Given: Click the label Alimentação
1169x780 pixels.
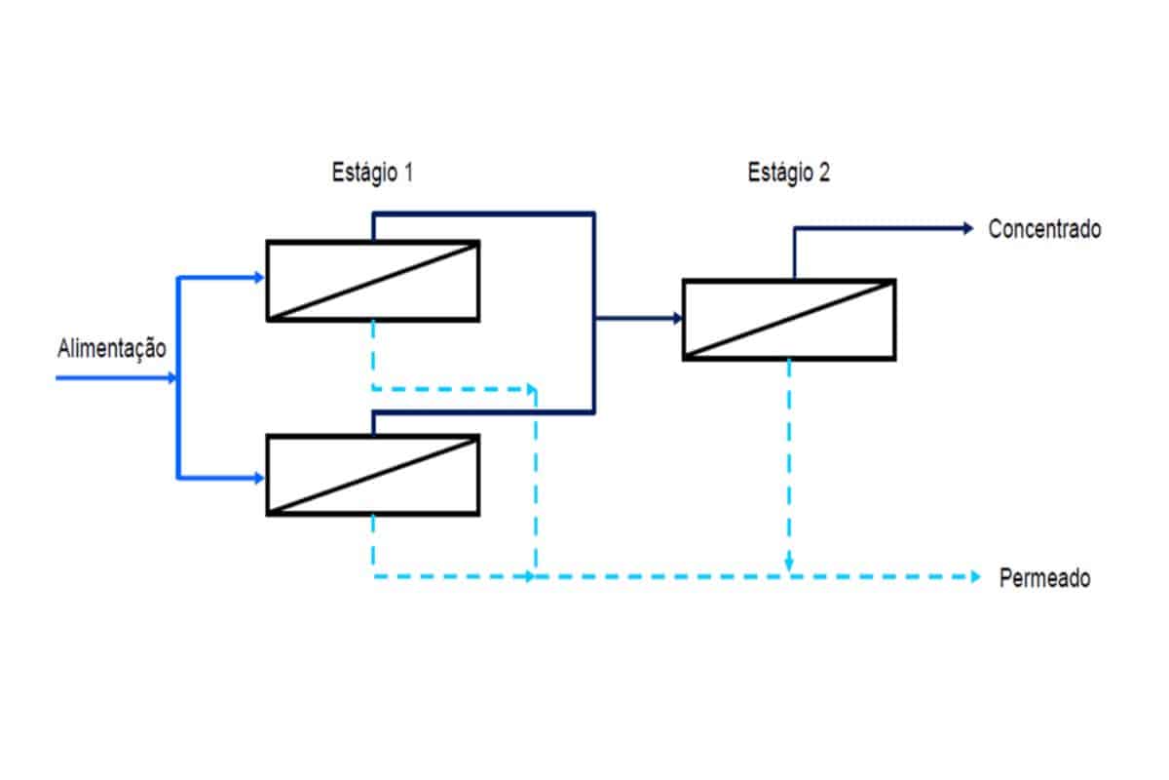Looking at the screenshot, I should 112,348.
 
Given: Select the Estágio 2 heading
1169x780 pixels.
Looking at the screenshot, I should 789,174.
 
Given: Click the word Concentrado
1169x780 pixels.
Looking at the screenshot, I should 1044,230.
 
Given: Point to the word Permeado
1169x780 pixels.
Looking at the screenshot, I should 1044,578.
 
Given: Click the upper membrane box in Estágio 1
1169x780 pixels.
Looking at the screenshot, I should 373,281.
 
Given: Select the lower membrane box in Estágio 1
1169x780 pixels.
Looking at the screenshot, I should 373,475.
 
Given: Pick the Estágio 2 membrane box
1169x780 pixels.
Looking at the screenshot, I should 789,320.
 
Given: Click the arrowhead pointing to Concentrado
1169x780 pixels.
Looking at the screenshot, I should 967,228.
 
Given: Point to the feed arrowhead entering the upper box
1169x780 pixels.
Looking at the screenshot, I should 259,278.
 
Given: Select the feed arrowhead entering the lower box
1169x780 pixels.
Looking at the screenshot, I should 259,478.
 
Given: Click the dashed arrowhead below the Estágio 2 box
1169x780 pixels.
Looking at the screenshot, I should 789,565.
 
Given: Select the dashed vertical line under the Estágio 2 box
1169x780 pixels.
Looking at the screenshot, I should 789,458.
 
